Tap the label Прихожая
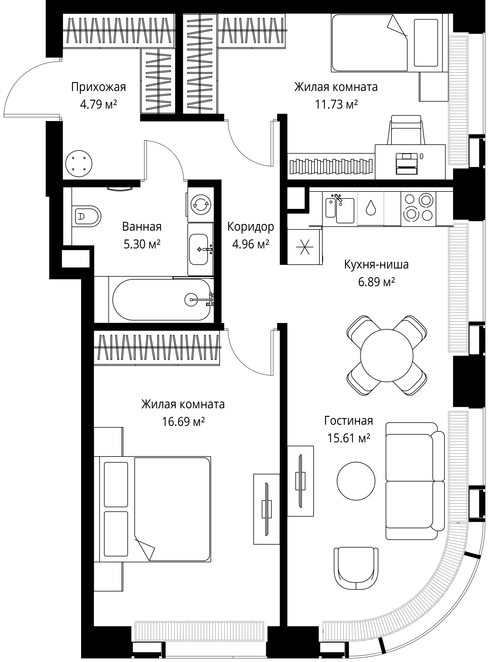(99, 87)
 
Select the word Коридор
(251, 227)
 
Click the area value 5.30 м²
(142, 244)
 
